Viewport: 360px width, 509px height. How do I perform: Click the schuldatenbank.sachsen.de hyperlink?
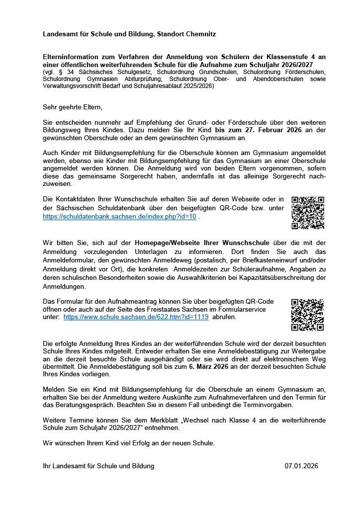tap(119, 217)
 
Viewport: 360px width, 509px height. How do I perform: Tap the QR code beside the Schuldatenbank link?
tap(308, 213)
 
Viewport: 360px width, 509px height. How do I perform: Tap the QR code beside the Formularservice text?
tap(307, 314)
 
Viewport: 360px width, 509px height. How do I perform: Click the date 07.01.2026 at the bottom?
tap(301, 466)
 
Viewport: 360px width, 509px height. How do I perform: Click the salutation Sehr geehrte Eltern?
tap(73, 107)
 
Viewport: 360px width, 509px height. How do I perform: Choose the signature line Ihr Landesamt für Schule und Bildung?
tap(98, 466)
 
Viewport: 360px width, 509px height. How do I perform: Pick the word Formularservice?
tap(241, 309)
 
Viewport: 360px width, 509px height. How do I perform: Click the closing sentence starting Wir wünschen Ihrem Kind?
tap(129, 443)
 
